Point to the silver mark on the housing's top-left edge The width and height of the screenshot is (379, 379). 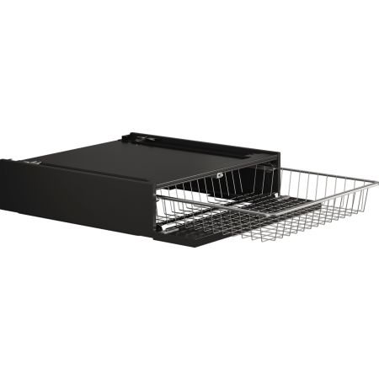coord(33,163)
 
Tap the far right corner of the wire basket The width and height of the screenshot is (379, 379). coord(367,184)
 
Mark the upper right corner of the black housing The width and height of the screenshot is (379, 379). coord(279,151)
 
